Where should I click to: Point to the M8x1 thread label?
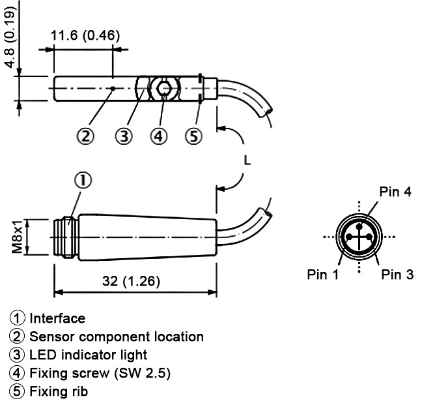tap(18, 237)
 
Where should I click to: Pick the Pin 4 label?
tap(396, 192)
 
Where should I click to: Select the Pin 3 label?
tap(397, 275)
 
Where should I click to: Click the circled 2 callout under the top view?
tap(85, 136)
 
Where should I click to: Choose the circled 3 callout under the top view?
tap(124, 136)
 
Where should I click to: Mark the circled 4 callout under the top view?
tap(158, 136)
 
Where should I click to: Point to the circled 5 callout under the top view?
tap(193, 136)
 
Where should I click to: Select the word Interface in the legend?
tap(57, 318)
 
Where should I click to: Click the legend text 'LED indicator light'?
tap(88, 355)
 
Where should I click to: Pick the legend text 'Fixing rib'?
tap(58, 392)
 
